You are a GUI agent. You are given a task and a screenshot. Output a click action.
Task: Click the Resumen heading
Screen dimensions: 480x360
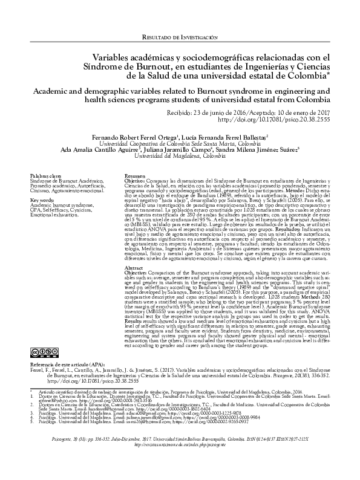pos(134,177)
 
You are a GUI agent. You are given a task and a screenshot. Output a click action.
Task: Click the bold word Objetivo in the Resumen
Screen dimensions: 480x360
pos(136,181)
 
